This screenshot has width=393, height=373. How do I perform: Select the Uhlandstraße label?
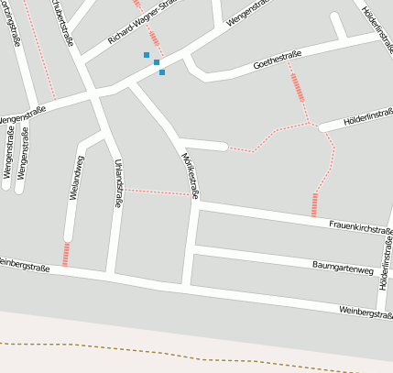(x=118, y=183)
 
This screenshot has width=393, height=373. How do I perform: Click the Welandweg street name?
(x=77, y=178)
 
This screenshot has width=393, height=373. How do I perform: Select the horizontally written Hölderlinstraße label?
(x=366, y=119)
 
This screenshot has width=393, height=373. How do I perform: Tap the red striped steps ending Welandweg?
(x=66, y=254)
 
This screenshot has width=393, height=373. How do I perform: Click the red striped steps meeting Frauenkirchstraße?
(x=314, y=204)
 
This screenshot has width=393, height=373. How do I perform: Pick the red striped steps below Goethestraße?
(x=297, y=87)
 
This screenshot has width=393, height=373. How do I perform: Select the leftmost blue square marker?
(x=147, y=55)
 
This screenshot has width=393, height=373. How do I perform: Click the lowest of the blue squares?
(x=162, y=72)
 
